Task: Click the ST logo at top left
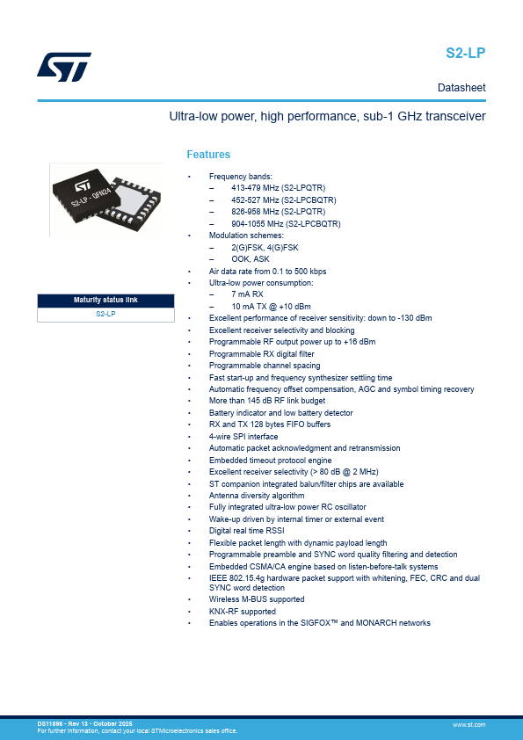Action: (64, 67)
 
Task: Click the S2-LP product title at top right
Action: (465, 53)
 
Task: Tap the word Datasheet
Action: (461, 88)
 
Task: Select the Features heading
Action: (208, 155)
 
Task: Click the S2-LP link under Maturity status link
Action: (105, 314)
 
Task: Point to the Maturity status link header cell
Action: (105, 301)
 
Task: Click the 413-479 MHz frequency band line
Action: (278, 188)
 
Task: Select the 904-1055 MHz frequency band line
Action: (286, 224)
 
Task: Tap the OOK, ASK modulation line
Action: (251, 259)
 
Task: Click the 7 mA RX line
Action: (247, 294)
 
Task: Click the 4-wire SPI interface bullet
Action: (243, 437)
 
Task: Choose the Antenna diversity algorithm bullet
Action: (257, 496)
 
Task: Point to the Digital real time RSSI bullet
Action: (246, 531)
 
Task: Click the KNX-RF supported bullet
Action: (242, 611)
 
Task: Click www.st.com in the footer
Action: (469, 724)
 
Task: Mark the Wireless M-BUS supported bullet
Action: (257, 599)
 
